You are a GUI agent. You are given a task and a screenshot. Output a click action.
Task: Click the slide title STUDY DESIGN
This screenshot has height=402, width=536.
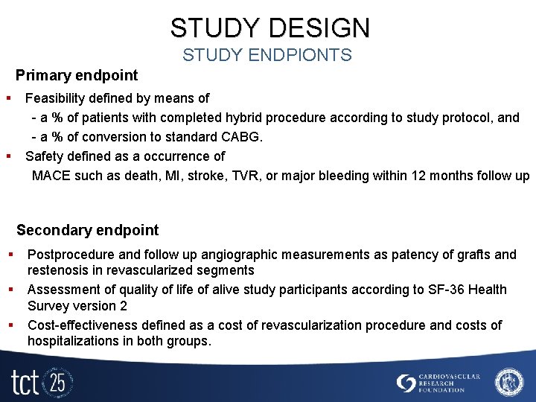tap(269, 28)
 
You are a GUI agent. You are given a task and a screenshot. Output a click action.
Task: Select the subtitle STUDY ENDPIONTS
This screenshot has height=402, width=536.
tap(267, 55)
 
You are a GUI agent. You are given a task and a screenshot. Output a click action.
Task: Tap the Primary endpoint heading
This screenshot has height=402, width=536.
tap(77, 75)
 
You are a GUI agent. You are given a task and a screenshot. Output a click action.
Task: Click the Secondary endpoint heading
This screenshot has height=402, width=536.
tap(88, 230)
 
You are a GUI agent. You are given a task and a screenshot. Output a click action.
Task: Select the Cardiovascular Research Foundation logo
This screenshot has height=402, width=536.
tap(438, 383)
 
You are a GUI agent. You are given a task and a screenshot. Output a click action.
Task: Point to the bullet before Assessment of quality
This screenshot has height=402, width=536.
tap(13, 289)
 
